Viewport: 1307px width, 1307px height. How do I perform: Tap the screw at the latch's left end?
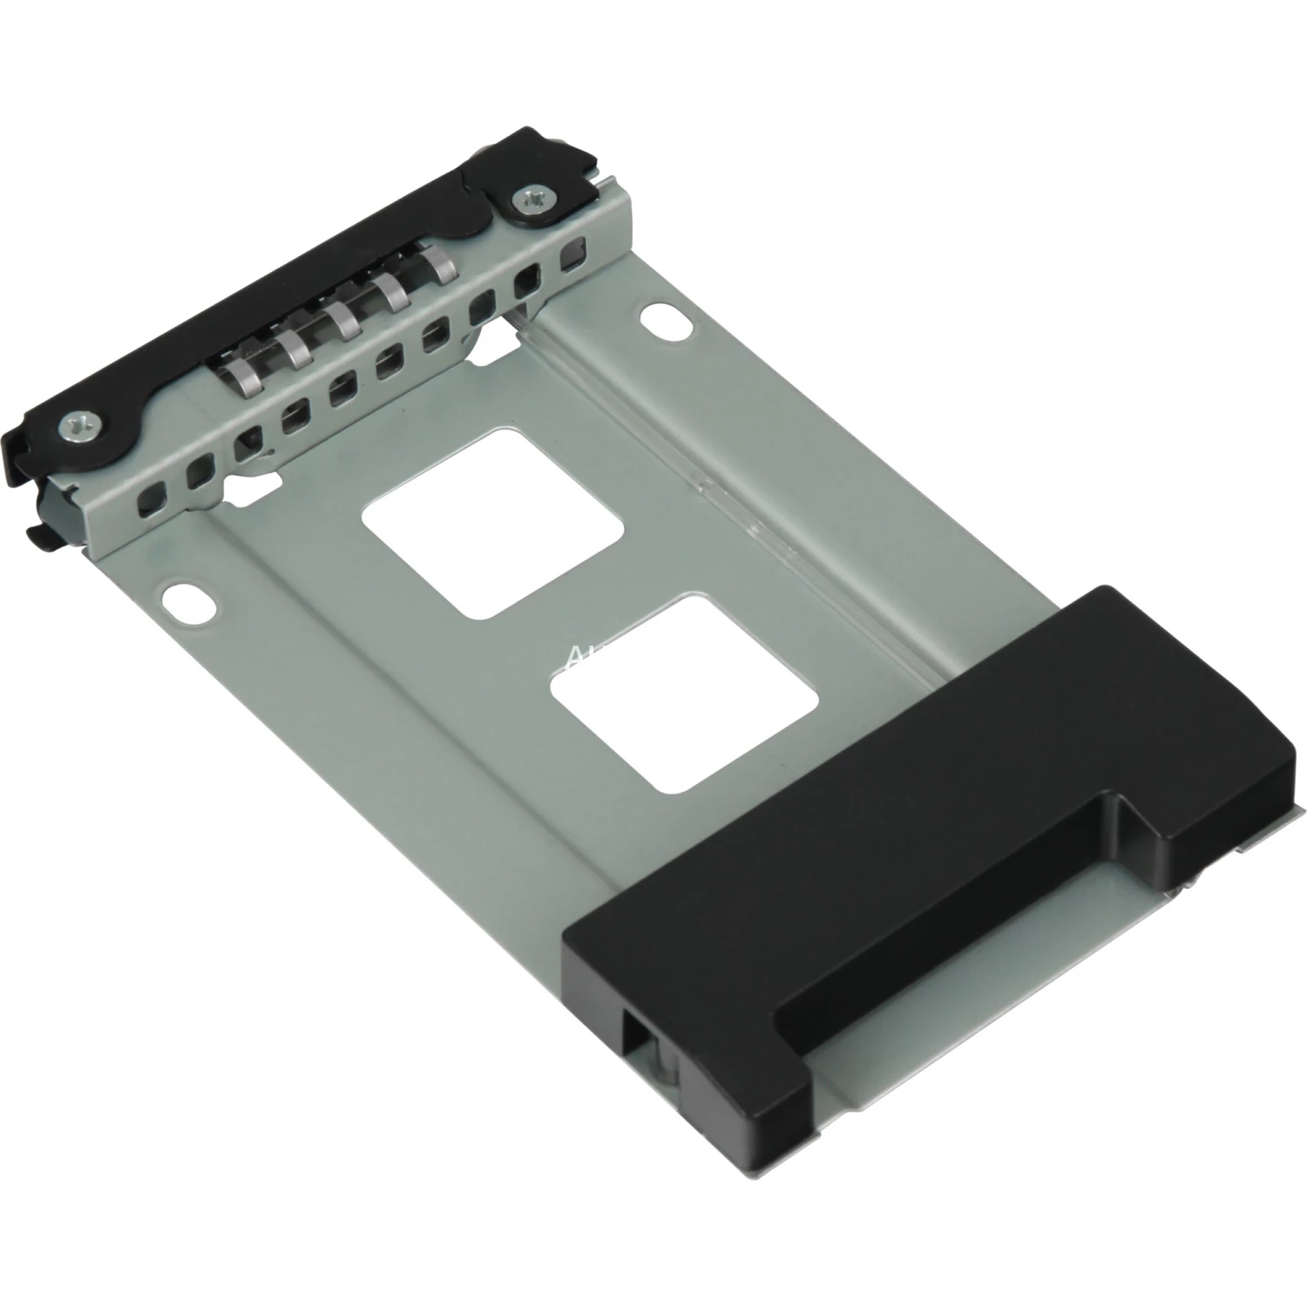[x=72, y=426]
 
